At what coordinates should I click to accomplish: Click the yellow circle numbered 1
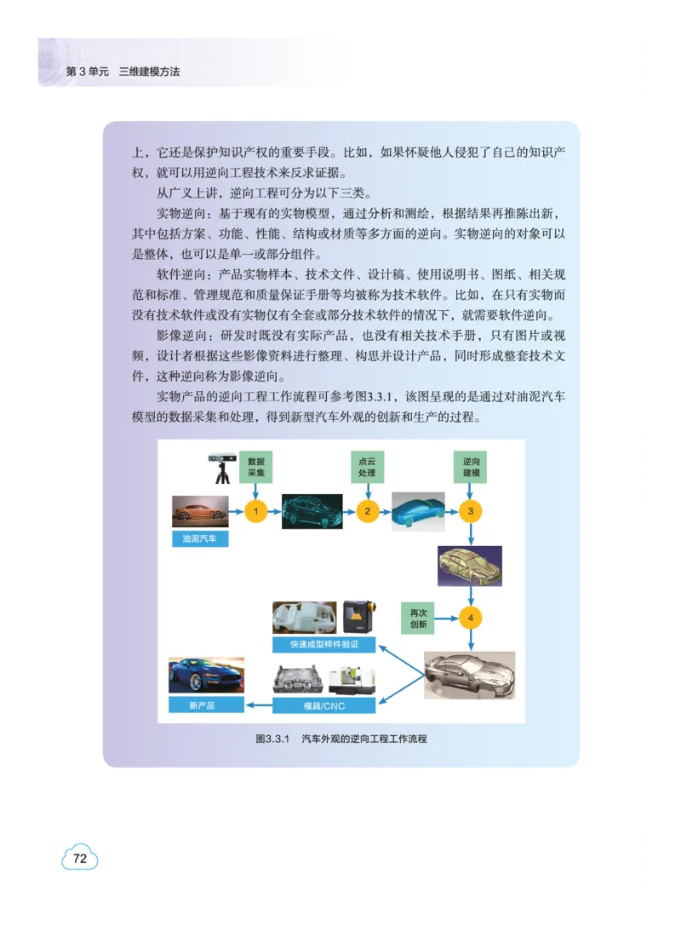[x=256, y=511]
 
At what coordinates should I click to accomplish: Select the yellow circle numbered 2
[x=368, y=511]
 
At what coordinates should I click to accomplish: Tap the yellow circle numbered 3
[x=470, y=511]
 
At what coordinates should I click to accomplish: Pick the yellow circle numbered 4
[x=470, y=616]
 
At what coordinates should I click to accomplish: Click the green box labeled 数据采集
[x=256, y=466]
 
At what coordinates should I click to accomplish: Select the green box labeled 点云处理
[x=368, y=466]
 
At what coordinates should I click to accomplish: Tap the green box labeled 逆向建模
[x=470, y=466]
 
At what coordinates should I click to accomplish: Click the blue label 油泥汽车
[x=200, y=539]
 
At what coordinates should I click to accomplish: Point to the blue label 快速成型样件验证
[x=324, y=645]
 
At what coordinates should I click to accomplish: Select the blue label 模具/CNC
[x=324, y=705]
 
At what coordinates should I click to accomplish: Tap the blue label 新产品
[x=202, y=705]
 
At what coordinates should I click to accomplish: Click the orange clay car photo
[x=200, y=512]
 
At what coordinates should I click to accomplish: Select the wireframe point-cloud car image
[x=312, y=511]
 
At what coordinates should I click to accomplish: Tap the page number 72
[x=80, y=859]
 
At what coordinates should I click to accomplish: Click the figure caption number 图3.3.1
[x=273, y=739]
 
